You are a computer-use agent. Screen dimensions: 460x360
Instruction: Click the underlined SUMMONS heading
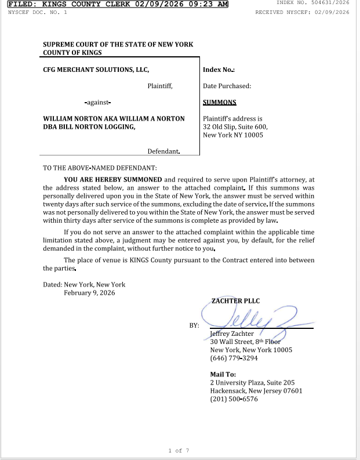tap(219, 103)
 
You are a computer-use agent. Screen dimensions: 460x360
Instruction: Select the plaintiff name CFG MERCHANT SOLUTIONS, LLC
tap(96, 70)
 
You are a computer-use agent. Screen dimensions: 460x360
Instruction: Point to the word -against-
tap(98, 103)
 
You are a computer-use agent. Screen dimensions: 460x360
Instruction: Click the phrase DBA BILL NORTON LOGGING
tap(89, 127)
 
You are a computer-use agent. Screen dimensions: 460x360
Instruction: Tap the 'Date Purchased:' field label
tap(227, 86)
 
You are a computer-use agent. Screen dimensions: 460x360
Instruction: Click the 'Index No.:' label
tap(219, 70)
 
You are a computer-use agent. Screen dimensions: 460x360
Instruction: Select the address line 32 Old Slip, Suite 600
tap(235, 127)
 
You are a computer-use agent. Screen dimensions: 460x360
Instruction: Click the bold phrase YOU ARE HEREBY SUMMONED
tap(113, 180)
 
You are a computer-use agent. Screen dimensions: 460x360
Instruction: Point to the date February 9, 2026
tap(89, 293)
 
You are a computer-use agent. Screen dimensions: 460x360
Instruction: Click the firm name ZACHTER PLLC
tap(235, 301)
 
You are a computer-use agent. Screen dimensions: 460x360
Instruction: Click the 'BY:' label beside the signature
tap(194, 325)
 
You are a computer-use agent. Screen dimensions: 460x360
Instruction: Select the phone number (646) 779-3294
tap(234, 358)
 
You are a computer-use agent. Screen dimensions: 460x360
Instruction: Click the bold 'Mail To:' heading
tap(223, 375)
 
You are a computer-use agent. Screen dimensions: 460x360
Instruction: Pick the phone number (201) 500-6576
tap(234, 399)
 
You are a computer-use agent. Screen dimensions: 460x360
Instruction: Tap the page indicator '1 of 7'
tap(179, 450)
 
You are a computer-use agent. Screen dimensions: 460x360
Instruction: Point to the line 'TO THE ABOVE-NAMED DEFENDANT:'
tap(100, 168)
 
